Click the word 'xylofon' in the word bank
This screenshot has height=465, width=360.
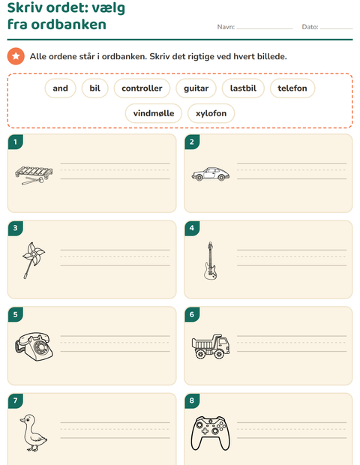tap(211, 113)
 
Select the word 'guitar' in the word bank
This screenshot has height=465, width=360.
tap(196, 88)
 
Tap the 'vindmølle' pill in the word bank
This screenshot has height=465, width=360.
tap(154, 113)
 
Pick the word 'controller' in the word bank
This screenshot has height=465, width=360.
tap(142, 88)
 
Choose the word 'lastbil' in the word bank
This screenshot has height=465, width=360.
tap(243, 88)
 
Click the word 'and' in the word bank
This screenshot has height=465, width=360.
tap(61, 88)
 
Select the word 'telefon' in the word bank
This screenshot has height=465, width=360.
tap(292, 88)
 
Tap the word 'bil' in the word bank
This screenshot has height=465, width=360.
tap(95, 88)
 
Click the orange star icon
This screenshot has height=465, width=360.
tap(16, 56)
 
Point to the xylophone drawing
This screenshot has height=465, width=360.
tap(34, 175)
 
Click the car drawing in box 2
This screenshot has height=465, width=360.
tap(211, 174)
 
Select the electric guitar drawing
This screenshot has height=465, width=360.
tap(210, 261)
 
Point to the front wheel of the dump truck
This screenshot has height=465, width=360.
tap(220, 353)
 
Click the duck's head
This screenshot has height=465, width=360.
tap(27, 420)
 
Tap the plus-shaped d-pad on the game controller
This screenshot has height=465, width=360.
tap(205, 430)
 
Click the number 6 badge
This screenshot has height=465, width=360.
tap(192, 314)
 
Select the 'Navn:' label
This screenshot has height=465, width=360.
tap(226, 27)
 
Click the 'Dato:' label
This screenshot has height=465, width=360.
tap(310, 27)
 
